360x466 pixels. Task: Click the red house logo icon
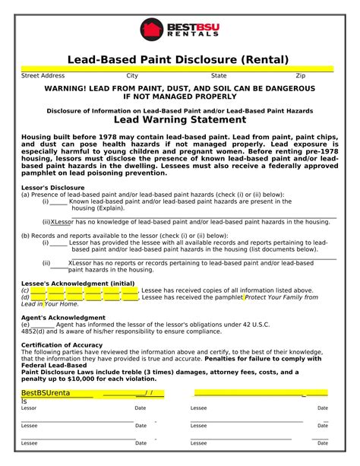(152, 29)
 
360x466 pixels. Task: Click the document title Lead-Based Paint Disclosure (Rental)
(178, 59)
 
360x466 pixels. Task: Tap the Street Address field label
(43, 76)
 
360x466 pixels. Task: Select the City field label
(132, 76)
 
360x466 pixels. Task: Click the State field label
(219, 76)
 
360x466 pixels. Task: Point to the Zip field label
(300, 76)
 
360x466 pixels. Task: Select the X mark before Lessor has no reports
(71, 263)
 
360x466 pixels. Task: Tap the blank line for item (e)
(43, 324)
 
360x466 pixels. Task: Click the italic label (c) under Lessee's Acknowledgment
(25, 290)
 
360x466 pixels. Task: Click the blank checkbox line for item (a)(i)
(58, 201)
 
